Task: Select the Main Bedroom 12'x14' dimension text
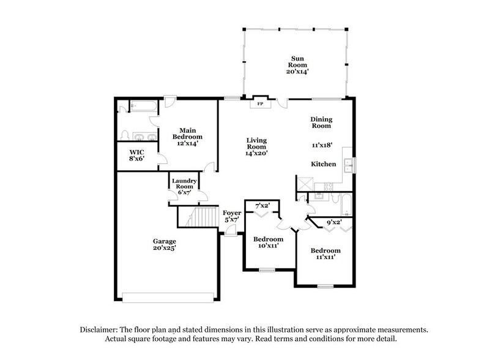tap(187, 143)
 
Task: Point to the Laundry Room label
tap(184, 184)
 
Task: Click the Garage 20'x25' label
tap(165, 245)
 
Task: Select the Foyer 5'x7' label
tap(231, 216)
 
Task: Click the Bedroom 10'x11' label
tap(269, 242)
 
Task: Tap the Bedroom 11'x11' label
tap(325, 254)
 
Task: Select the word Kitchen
tap(322, 165)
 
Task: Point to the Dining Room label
tap(321, 122)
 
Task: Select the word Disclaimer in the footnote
tap(101, 329)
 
